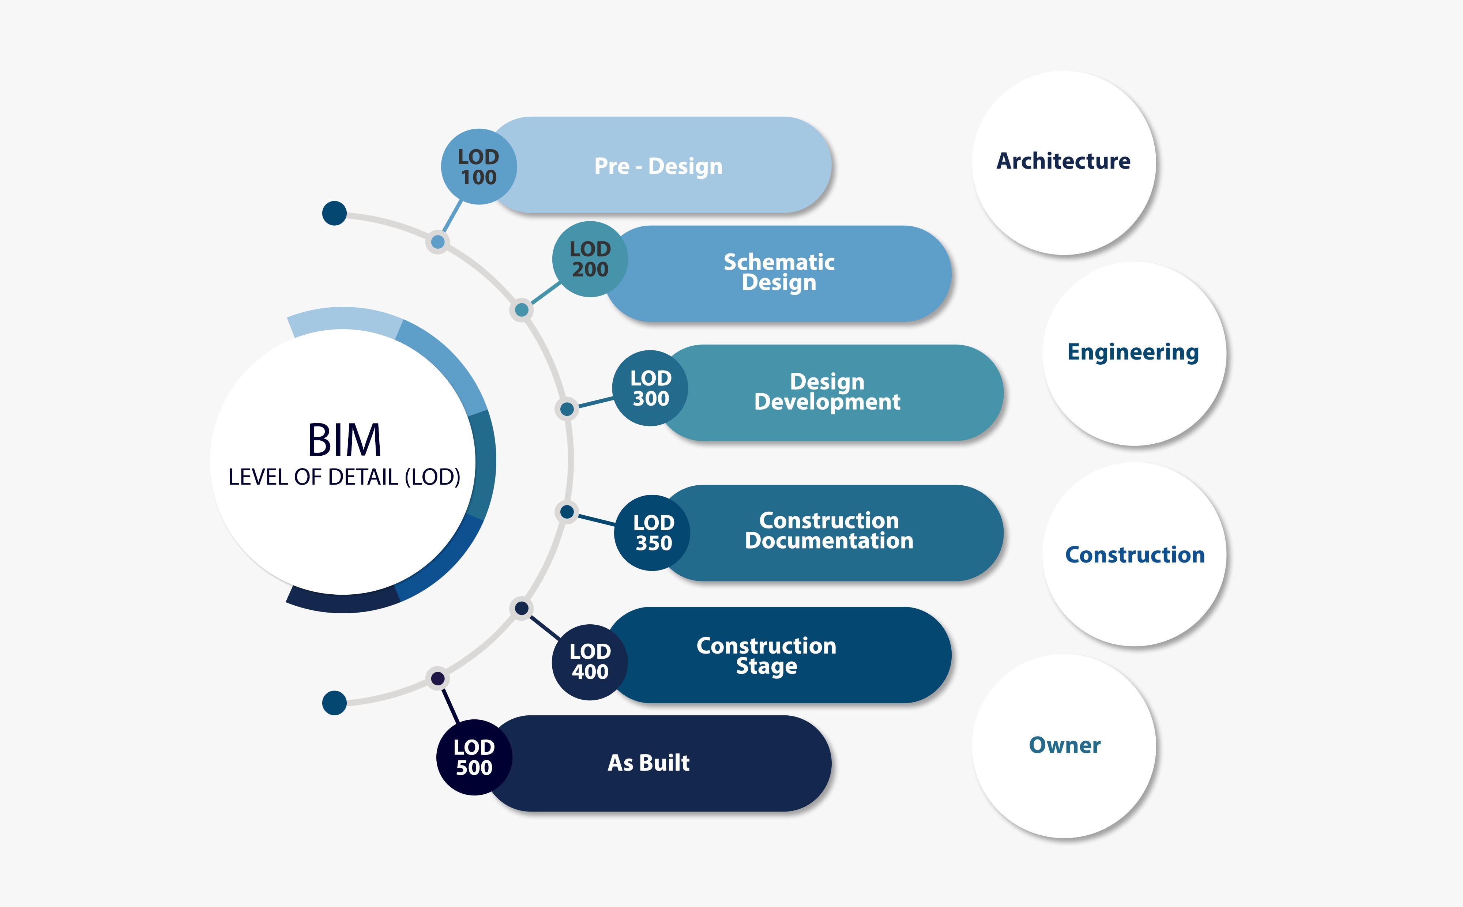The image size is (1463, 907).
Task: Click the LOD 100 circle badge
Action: [479, 167]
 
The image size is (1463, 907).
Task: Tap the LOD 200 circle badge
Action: [590, 259]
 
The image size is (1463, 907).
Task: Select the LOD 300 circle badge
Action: [650, 388]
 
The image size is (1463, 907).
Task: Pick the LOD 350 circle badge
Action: [652, 533]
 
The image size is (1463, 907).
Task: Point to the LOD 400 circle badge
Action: [590, 662]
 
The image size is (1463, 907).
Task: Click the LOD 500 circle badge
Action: [474, 757]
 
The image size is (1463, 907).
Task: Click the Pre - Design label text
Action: [658, 166]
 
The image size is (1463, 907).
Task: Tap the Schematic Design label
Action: [779, 272]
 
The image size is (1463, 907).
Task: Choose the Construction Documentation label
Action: [829, 531]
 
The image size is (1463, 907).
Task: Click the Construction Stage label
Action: [766, 656]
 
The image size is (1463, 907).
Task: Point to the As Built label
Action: [648, 763]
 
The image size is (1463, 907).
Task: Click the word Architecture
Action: [1063, 161]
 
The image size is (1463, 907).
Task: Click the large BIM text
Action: [344, 440]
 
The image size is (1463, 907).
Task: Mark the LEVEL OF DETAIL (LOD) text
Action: [344, 477]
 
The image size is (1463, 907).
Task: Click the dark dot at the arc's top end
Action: [334, 213]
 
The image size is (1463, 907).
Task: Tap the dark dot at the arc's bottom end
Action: [334, 703]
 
